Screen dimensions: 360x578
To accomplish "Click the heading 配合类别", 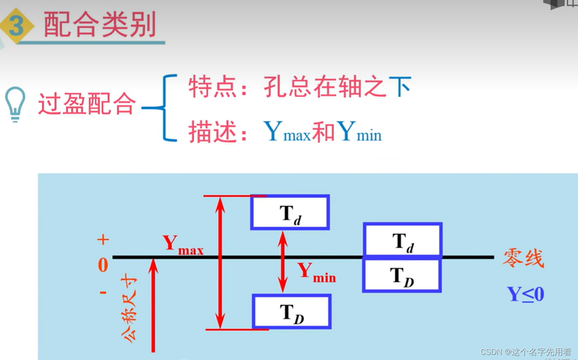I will point(100,25).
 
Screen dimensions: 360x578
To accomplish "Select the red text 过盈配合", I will point(87,104).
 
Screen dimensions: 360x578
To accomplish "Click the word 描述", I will point(212,132).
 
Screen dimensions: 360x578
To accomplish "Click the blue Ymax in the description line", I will point(287,132).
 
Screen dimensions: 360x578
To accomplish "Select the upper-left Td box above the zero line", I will point(290,213).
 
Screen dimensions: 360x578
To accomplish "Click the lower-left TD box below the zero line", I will point(292,312).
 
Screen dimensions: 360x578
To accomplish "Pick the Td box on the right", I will point(402,240).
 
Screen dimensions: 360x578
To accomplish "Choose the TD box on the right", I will point(402,275).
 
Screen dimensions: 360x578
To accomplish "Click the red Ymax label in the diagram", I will point(183,245).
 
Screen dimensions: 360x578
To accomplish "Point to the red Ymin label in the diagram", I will point(316,273).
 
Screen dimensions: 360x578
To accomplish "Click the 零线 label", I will point(523,259).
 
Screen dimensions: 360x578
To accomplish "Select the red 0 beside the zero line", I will point(103,265).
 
